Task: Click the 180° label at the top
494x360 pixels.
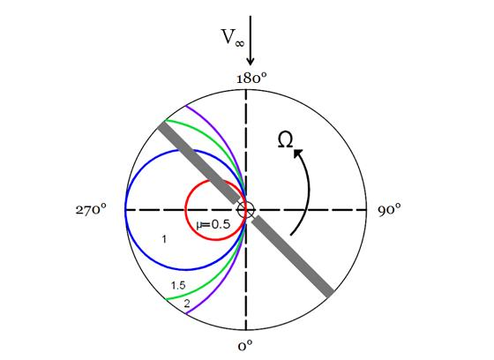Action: pyautogui.click(x=251, y=78)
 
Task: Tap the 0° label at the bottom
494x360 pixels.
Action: pyautogui.click(x=245, y=346)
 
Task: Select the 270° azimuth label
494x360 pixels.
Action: pyautogui.click(x=91, y=209)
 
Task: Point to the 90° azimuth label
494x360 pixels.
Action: pyautogui.click(x=390, y=209)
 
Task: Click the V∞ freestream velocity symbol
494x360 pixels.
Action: pyautogui.click(x=233, y=37)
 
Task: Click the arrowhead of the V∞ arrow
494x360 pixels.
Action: pyautogui.click(x=251, y=61)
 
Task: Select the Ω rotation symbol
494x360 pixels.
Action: pyautogui.click(x=286, y=139)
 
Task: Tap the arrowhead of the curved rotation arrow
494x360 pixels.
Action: pyautogui.click(x=298, y=154)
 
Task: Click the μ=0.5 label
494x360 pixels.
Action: pyautogui.click(x=213, y=224)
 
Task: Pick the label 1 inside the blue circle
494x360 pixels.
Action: pyautogui.click(x=164, y=239)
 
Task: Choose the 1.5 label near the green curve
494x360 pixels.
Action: pyautogui.click(x=178, y=286)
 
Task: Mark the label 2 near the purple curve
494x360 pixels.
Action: pyautogui.click(x=187, y=304)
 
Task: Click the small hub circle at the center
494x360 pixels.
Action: pyautogui.click(x=246, y=210)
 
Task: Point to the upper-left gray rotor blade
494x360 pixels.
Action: pyautogui.click(x=198, y=162)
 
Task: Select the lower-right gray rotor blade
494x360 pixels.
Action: pyautogui.click(x=293, y=256)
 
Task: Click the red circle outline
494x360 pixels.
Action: pyautogui.click(x=185, y=210)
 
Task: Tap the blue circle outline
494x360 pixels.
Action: pyautogui.click(x=125, y=210)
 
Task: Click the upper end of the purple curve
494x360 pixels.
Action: pyautogui.click(x=186, y=106)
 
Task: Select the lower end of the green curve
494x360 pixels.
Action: pyautogui.click(x=166, y=299)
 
